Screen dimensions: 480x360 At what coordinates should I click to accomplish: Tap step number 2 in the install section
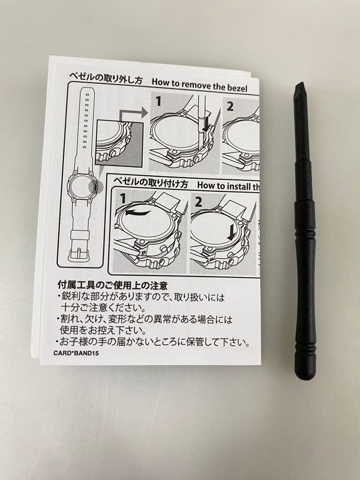(x=199, y=200)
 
